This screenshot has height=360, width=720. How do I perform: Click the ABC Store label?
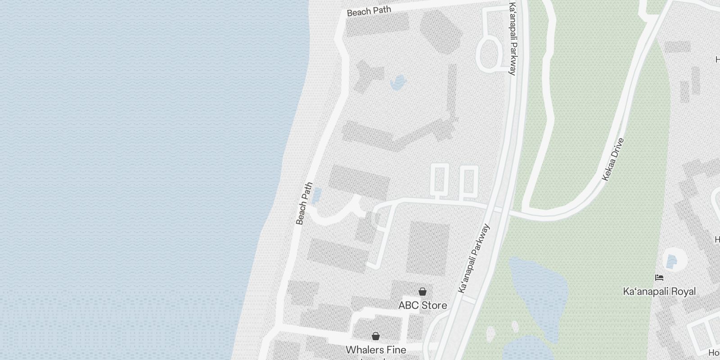point(423,306)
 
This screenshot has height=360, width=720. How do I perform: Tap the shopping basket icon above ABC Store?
point(423,292)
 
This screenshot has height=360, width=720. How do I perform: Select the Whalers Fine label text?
point(376,350)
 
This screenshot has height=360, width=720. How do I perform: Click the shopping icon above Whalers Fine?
point(376,336)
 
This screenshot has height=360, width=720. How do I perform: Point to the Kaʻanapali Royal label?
point(659,292)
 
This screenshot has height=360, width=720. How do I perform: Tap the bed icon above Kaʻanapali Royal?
point(659,278)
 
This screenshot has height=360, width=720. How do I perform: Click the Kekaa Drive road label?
point(613,160)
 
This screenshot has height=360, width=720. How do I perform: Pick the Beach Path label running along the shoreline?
point(304,203)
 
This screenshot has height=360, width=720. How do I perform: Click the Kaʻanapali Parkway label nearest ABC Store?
point(473,259)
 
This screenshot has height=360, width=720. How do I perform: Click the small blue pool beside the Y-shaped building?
point(398,82)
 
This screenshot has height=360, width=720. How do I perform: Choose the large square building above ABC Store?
point(428,248)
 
